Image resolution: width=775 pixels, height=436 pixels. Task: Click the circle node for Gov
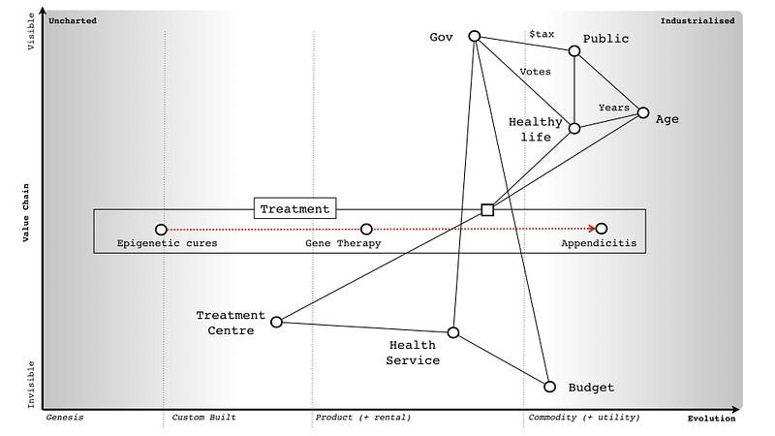pos(475,36)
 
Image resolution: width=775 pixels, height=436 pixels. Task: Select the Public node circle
pos(575,51)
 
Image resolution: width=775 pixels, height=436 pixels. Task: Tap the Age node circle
pos(642,113)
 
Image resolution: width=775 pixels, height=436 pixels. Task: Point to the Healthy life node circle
pos(574,128)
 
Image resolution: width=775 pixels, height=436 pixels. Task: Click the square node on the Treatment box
pos(487,209)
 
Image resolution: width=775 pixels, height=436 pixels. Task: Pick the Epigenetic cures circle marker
pos(161,230)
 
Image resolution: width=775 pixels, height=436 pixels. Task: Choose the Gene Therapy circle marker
pos(366,230)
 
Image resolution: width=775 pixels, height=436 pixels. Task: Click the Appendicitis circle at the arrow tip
pos(602,230)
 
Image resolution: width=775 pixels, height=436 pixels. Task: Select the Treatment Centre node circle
pos(276,322)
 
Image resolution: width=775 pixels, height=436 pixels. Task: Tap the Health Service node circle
pos(452,332)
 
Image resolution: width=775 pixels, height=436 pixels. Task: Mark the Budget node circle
pos(549,387)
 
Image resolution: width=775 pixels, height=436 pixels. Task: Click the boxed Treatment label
pos(295,208)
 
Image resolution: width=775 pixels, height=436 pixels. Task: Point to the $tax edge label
pos(542,34)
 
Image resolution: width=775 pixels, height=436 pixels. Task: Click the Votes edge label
pos(536,72)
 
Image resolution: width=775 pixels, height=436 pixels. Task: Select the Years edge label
pos(613,107)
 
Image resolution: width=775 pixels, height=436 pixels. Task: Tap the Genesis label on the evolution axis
pos(66,418)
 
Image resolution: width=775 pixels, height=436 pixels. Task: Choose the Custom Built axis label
pos(203,418)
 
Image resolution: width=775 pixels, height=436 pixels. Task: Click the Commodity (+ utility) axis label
pos(583,418)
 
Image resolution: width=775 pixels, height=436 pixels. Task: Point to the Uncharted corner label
pos(73,19)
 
